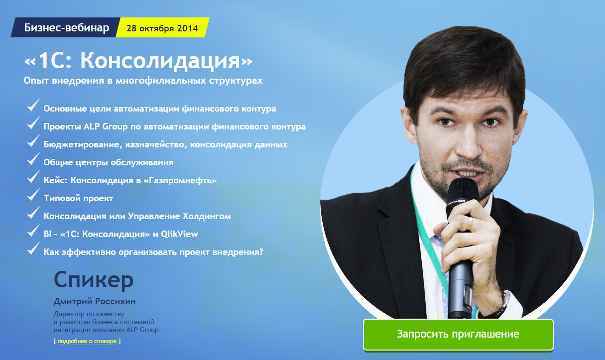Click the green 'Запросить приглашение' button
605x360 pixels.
tap(458, 334)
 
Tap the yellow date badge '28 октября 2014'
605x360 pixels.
tap(162, 27)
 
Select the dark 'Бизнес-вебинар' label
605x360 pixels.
tap(66, 27)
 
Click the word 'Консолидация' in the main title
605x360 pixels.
tap(160, 61)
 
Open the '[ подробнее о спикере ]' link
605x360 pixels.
tap(87, 341)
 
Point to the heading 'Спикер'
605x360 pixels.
tap(94, 280)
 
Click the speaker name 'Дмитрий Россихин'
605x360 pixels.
tap(95, 301)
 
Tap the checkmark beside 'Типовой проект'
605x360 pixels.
tap(33, 195)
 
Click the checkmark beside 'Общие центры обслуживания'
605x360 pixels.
tap(33, 159)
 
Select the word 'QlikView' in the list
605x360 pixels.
tap(179, 234)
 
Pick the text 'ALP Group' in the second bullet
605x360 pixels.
tap(106, 126)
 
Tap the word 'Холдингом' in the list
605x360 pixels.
tap(207, 216)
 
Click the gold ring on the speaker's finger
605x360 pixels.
tap(470, 223)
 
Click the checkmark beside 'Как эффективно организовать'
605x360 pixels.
tap(33, 248)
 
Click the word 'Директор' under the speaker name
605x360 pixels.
tap(69, 314)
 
